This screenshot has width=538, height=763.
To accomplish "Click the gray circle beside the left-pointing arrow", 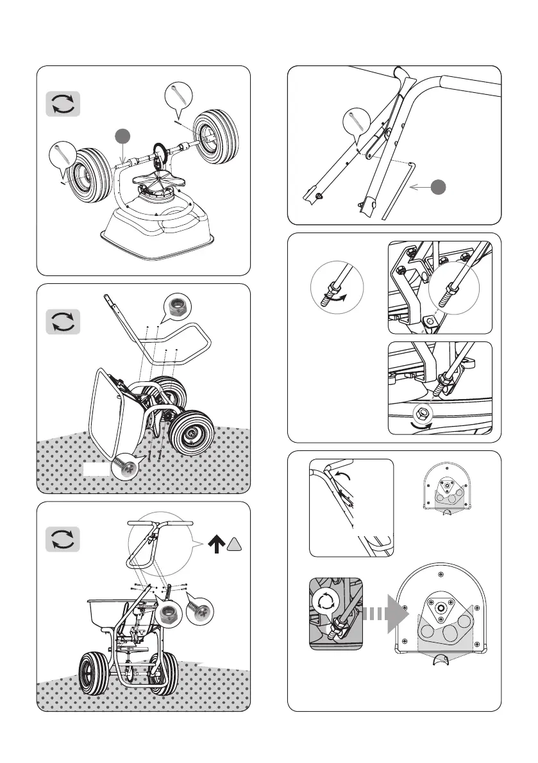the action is [x=439, y=187].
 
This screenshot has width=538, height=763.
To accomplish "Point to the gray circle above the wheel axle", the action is [x=123, y=136].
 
